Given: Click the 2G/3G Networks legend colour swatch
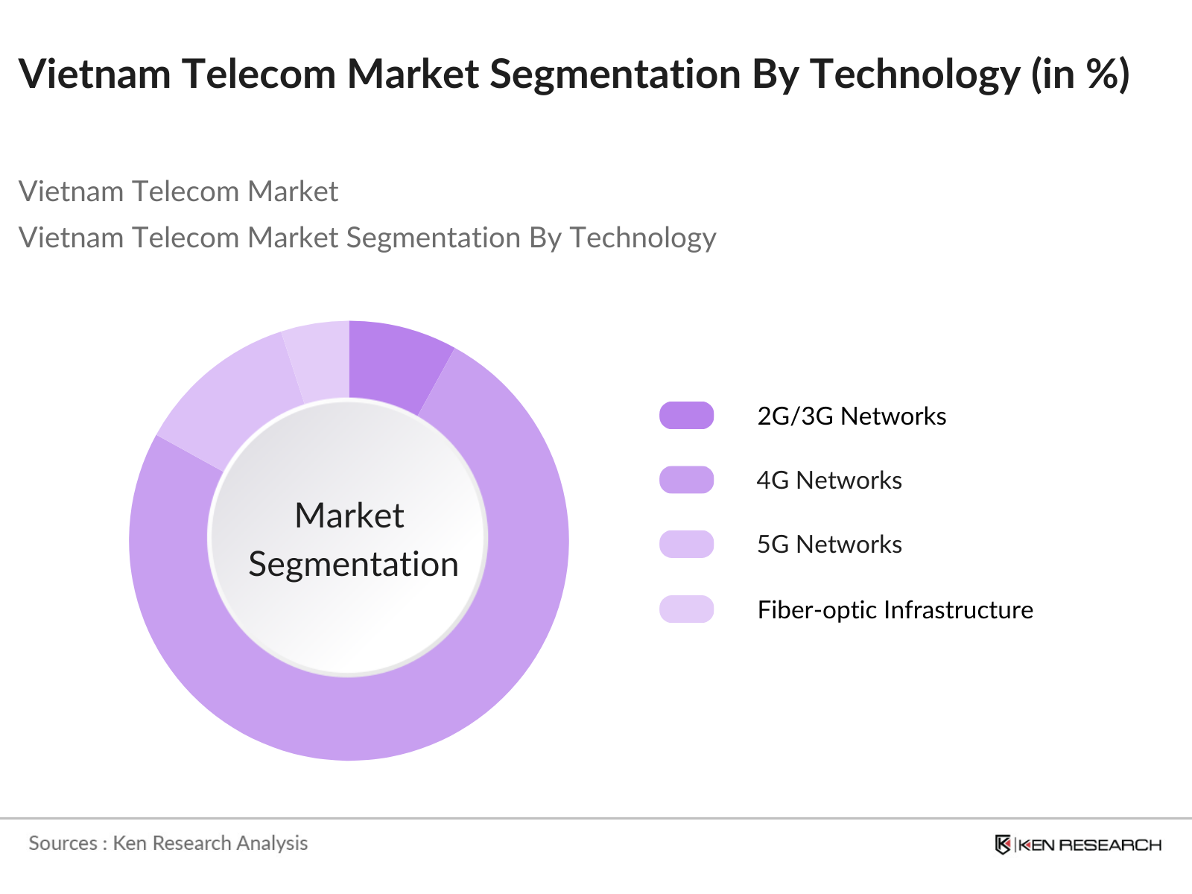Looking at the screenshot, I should click(x=686, y=416).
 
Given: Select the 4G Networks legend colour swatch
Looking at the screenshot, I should click(x=686, y=480).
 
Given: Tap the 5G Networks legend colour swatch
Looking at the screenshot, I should click(x=686, y=544).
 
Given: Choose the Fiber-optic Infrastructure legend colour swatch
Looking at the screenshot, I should click(x=686, y=609).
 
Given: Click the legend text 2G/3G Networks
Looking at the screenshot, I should click(x=851, y=416).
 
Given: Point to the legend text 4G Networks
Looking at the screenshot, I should click(x=828, y=480).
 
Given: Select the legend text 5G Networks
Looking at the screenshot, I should click(x=828, y=544).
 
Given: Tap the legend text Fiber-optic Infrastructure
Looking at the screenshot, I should click(x=895, y=609).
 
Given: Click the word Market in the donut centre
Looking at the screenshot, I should click(x=349, y=516).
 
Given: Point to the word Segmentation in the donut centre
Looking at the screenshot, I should click(x=353, y=564).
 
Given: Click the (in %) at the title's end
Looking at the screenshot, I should click(x=1080, y=74).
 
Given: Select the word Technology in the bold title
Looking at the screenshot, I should click(x=915, y=74).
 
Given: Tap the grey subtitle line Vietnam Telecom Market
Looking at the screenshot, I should click(x=178, y=191).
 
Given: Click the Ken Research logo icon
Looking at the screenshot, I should click(x=1003, y=844).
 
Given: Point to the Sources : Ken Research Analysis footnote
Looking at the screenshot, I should click(x=168, y=843).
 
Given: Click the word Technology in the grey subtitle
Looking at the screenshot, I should click(x=642, y=238).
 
